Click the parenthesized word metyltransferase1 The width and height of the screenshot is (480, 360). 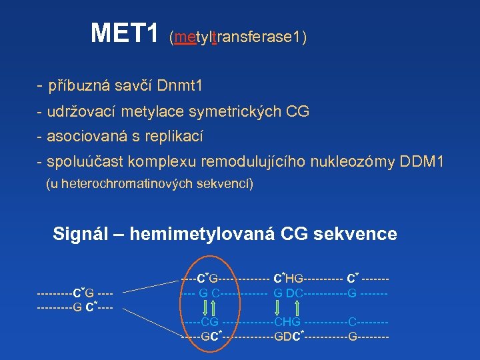pos(238,37)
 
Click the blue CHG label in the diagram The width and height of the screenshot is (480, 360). pos(287,323)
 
